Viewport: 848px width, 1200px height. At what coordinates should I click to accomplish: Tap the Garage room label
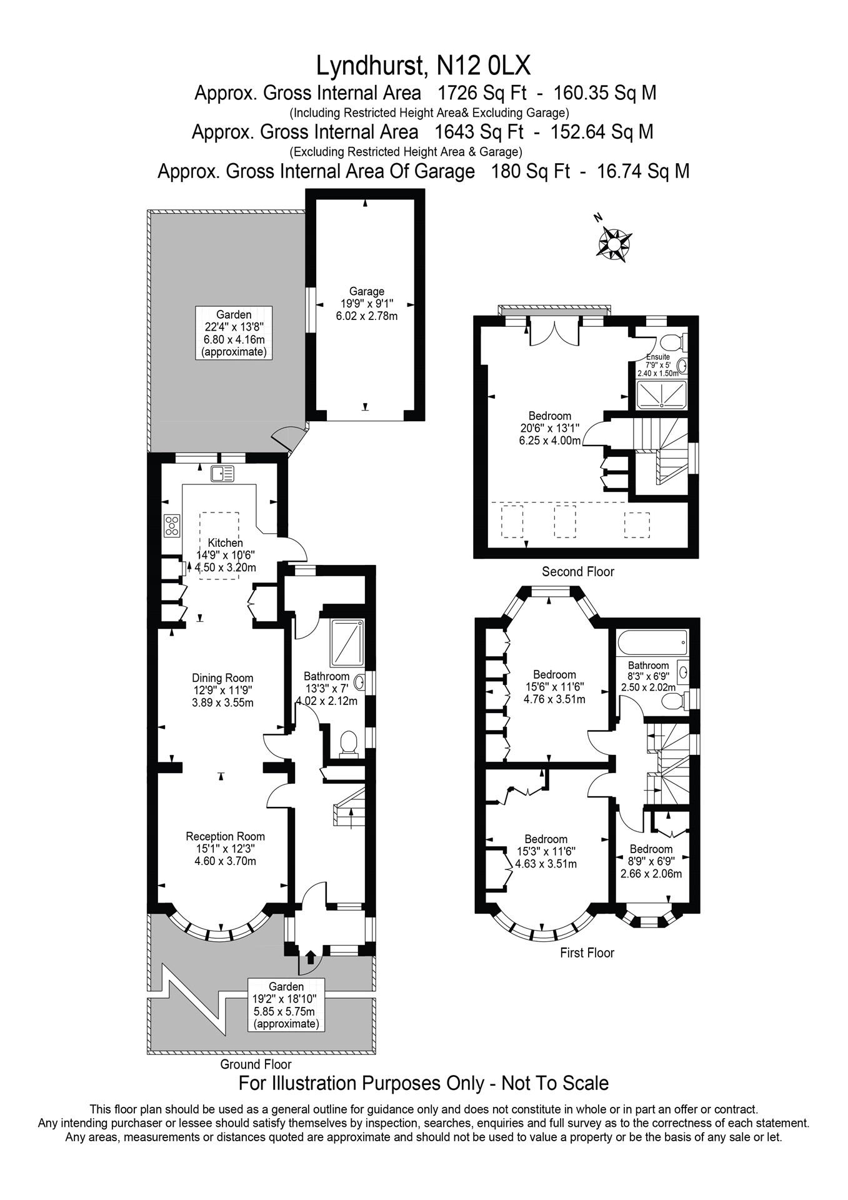tap(367, 291)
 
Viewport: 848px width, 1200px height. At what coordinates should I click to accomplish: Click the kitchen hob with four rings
tap(172, 525)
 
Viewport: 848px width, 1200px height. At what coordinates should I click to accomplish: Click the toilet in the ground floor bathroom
tap(348, 744)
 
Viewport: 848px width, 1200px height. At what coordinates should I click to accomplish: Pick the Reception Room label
tap(225, 836)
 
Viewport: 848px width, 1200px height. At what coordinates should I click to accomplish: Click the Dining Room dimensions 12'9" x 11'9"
tap(222, 691)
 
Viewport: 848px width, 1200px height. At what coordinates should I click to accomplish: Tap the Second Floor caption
tap(577, 571)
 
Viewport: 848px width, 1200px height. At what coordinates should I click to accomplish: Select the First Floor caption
tap(587, 952)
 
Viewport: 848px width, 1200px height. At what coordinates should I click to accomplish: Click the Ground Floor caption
tap(256, 1064)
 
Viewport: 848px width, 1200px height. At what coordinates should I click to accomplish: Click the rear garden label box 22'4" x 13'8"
tap(234, 332)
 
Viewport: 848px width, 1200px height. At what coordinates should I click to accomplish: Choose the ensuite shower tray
tap(661, 394)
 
